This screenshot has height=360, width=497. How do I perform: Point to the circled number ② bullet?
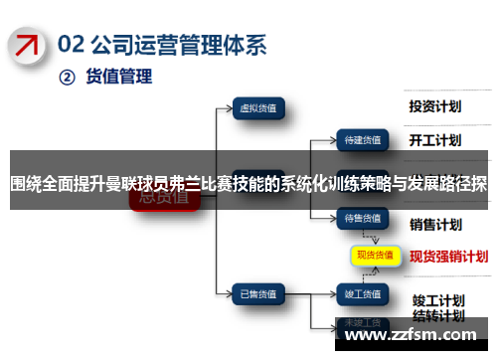68,77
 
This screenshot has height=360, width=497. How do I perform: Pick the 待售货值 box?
364,216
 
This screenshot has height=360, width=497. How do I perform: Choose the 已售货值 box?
259,266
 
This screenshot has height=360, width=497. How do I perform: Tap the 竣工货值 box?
364,266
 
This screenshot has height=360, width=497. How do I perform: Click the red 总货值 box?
164,198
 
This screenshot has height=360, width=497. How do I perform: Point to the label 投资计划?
436,105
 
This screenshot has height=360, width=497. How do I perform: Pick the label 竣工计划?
438,270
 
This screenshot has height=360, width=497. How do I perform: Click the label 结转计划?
438,288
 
